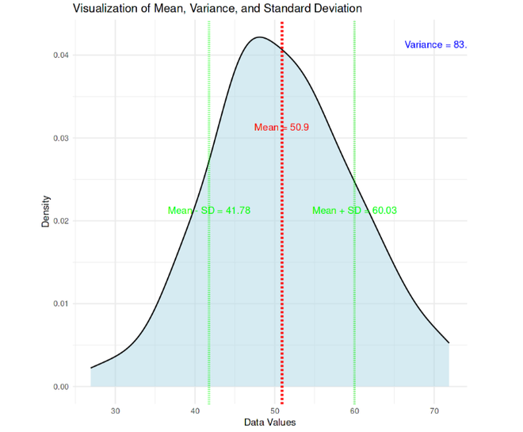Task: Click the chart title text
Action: pos(217,10)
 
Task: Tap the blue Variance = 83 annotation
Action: pos(435,44)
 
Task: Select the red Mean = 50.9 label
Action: pos(281,127)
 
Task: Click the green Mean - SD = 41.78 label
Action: pos(209,210)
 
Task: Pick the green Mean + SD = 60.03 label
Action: pos(354,210)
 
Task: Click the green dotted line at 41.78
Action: pos(208,317)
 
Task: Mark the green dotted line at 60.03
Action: pos(354,317)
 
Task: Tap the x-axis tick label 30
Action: pos(116,411)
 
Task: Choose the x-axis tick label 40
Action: pos(196,411)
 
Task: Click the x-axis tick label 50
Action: pos(275,411)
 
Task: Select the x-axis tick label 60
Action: pos(354,411)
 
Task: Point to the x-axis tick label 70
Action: pos(434,411)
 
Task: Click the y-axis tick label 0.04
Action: pos(59,55)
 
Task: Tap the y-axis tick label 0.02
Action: pos(59,221)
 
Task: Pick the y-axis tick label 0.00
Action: pos(59,387)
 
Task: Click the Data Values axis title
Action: pos(269,422)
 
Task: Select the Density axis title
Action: pos(46,212)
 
